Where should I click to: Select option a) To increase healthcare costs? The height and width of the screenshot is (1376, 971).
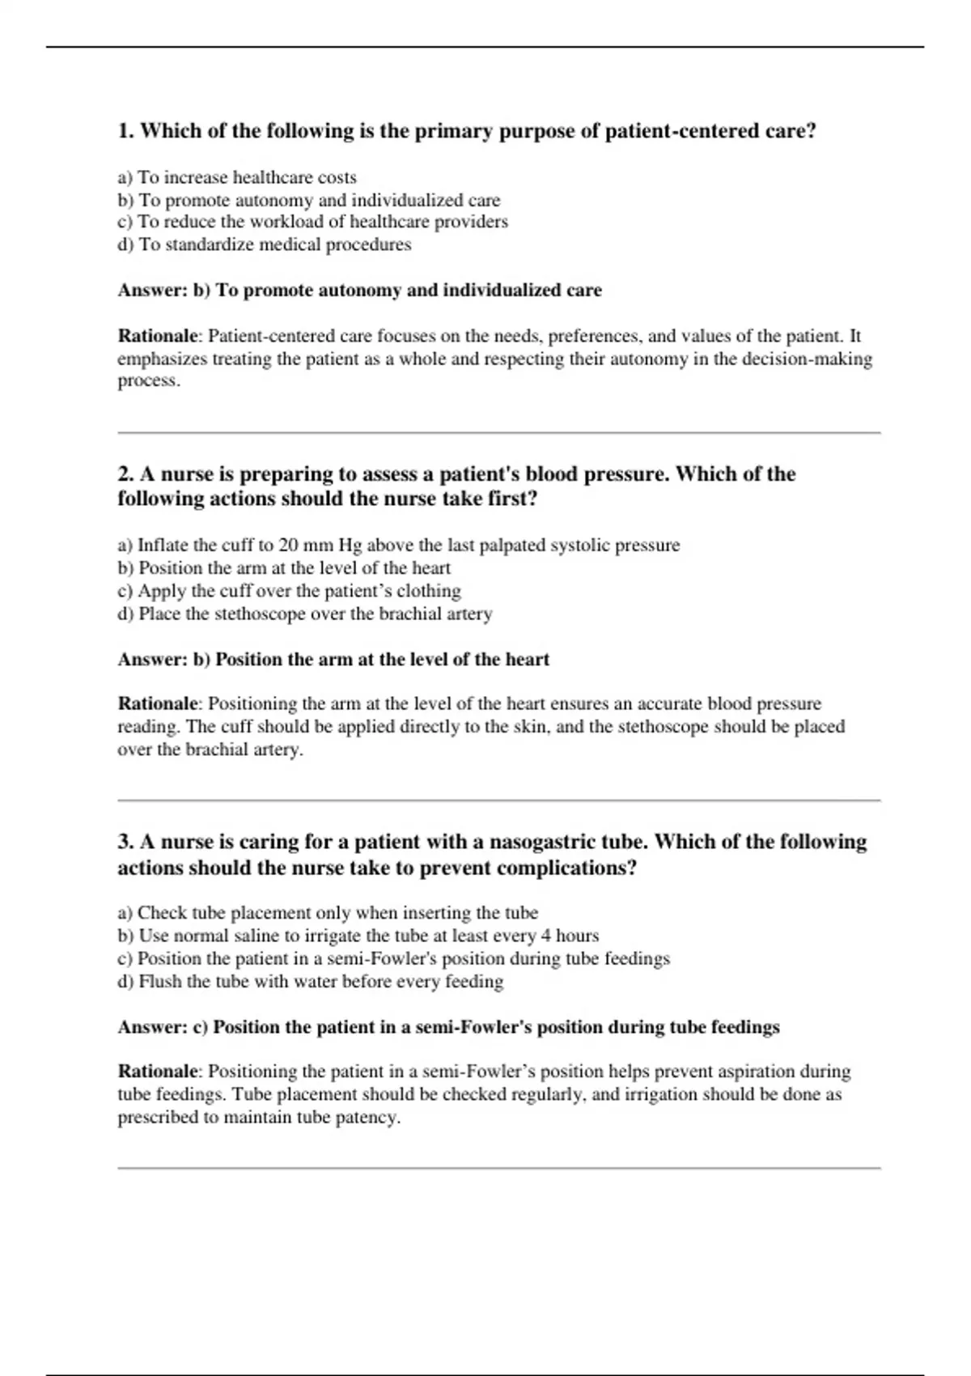(237, 177)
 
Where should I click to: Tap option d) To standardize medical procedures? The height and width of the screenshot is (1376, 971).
(264, 244)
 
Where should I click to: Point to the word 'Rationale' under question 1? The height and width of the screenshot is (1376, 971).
(157, 336)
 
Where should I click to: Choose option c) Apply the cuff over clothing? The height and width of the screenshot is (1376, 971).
(289, 591)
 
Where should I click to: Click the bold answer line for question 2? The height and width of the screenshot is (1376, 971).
(333, 660)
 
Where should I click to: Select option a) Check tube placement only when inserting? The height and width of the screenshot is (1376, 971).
(328, 913)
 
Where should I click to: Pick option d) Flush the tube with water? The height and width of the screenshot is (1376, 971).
(311, 982)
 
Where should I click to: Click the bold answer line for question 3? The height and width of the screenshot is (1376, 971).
(448, 1027)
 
